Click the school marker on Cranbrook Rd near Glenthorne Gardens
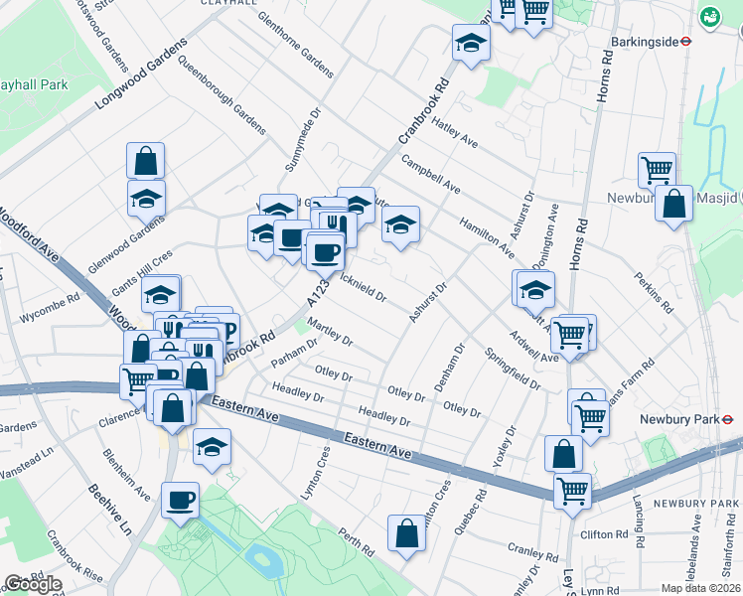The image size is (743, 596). (471, 43)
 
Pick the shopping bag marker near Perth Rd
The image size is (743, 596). (406, 534)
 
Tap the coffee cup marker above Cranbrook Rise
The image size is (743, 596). (180, 500)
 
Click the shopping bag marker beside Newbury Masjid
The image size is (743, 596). (673, 204)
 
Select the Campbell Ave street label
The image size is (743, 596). (430, 173)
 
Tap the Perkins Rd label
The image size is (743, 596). (653, 290)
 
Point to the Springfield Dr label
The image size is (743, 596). (512, 368)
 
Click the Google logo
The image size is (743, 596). (33, 584)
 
